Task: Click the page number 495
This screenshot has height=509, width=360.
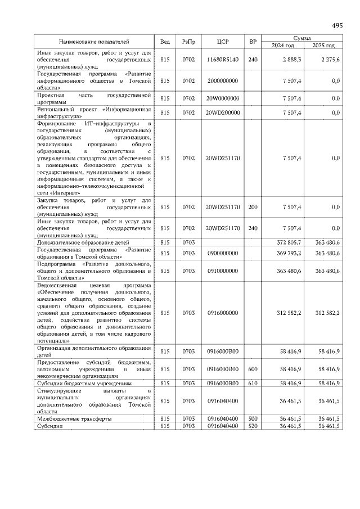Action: pos(336,26)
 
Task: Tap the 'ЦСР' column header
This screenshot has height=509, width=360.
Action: pos(223,42)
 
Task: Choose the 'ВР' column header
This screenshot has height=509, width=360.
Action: pos(253,42)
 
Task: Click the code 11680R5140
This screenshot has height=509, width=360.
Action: pos(223,59)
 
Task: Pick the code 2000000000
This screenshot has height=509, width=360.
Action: pos(223,81)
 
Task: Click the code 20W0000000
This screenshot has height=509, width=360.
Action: pos(223,98)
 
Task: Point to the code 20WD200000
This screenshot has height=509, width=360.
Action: pos(223,112)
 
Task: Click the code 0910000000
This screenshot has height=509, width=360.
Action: pos(223,271)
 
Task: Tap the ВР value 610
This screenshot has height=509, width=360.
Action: pos(253,383)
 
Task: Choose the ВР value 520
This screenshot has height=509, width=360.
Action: pos(253,426)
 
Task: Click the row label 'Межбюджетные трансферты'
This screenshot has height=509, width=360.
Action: pos(74,419)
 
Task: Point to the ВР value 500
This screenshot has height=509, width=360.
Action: pos(253,419)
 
